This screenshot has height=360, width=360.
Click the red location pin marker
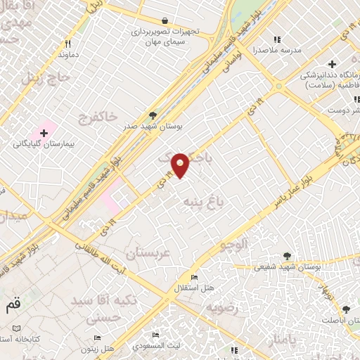tap(181, 164)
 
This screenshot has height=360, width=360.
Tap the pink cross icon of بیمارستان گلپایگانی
tap(44, 131)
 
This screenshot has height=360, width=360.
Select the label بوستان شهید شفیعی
tap(287, 267)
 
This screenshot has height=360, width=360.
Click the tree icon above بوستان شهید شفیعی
tap(287, 256)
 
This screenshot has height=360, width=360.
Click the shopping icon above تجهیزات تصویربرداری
tap(164, 22)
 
